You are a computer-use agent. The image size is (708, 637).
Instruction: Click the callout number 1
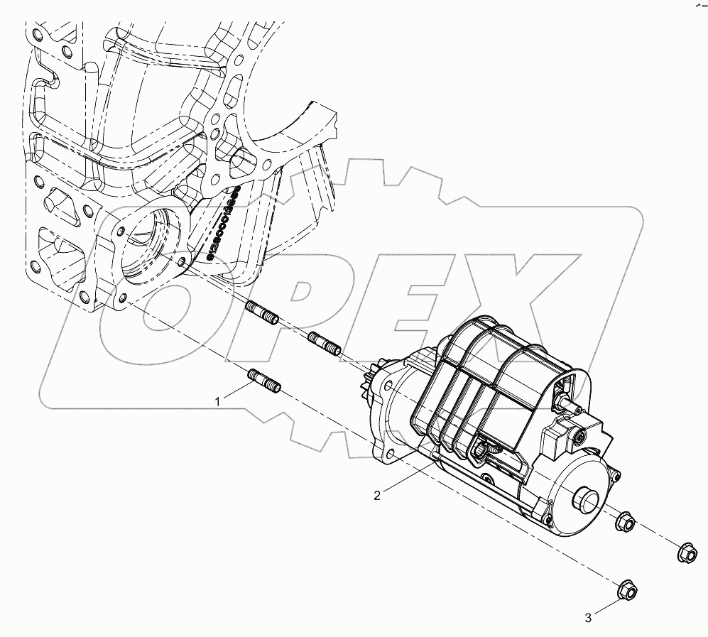[x=219, y=402]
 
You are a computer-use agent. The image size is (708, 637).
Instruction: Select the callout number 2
[x=377, y=495]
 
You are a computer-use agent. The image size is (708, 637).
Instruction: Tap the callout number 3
[x=588, y=618]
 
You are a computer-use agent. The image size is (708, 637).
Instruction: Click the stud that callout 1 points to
[x=265, y=381]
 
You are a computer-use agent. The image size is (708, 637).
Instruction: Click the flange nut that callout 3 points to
[x=627, y=589]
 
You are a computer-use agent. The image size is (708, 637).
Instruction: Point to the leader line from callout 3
[x=606, y=604]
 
